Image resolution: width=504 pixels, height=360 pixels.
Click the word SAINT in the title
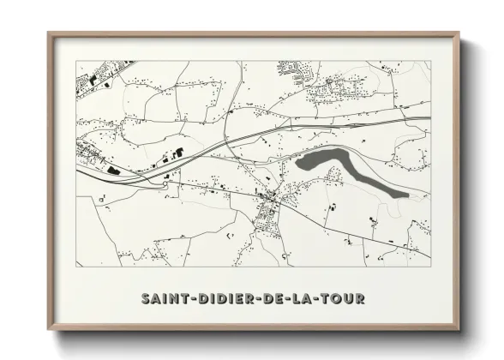pos(162,299)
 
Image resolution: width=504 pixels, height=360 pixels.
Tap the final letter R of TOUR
pos(359,299)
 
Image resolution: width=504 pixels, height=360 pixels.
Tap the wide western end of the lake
pos(304,161)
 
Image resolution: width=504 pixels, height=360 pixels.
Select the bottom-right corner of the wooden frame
pos(459,329)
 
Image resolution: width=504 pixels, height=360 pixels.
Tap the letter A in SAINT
pos(155,299)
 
